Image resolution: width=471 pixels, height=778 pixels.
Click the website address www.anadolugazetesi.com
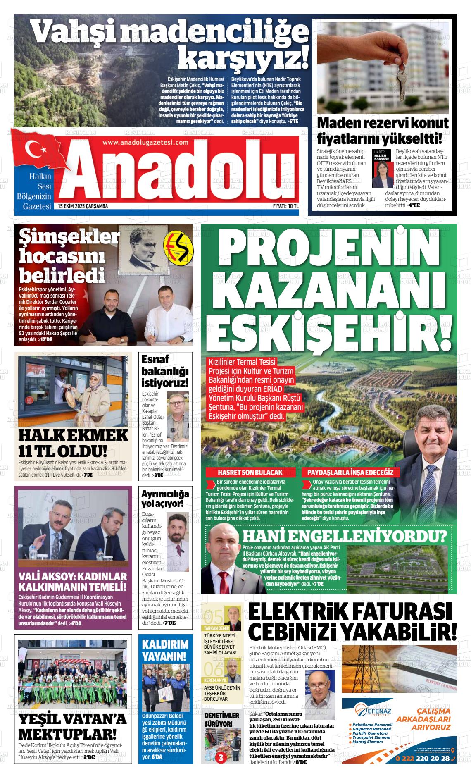coord(145,142)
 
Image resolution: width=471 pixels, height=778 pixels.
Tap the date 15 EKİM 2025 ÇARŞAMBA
coord(83,206)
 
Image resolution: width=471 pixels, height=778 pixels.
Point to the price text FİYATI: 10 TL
coord(285,206)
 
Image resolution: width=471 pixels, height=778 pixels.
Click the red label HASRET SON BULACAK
coord(250,472)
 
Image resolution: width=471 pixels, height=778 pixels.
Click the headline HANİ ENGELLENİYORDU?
coord(344,537)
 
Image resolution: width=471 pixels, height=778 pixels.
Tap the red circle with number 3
coord(221,758)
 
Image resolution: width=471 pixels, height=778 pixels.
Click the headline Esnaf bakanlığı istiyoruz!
coord(164,370)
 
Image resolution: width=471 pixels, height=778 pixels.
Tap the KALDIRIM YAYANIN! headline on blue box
coord(165,650)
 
